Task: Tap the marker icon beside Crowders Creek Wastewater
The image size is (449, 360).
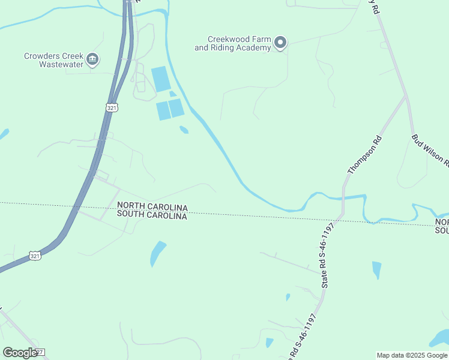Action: tap(92, 59)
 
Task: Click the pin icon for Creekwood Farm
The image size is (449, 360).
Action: tap(280, 43)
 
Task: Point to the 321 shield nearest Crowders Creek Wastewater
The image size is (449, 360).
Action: tap(111, 107)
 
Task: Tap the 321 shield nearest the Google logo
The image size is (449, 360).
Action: tap(35, 256)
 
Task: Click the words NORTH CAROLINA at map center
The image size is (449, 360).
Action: tap(152, 207)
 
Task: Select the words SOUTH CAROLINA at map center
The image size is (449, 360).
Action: tap(152, 215)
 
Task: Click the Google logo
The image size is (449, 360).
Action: tap(20, 352)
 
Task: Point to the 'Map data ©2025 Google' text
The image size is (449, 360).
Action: tap(412, 355)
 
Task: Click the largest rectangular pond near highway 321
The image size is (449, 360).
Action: tap(161, 79)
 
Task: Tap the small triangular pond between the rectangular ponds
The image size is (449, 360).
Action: tap(172, 94)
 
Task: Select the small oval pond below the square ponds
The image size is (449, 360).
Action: tap(184, 129)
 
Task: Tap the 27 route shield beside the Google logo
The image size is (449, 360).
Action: tap(40, 352)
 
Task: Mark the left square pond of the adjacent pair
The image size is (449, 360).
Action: tap(163, 110)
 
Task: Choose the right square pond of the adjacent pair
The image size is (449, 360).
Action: tap(176, 108)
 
